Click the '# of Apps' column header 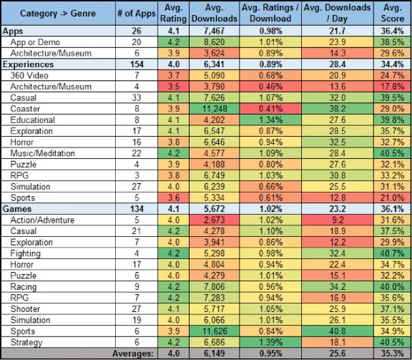(137, 14)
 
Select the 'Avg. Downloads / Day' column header (338, 13)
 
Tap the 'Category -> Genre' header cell (58, 14)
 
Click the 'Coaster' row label (25, 109)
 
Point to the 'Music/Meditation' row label (43, 153)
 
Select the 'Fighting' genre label (26, 253)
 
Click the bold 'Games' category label (17, 209)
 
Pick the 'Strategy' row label (26, 342)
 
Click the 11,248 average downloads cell (214, 109)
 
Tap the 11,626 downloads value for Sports (214, 331)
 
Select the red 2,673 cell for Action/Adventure (214, 220)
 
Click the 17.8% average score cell (393, 87)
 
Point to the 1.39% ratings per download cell (270, 342)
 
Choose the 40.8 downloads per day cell (338, 331)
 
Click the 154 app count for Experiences (137, 64)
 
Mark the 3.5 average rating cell (173, 87)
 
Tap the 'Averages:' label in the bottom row (133, 354)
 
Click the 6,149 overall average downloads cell (214, 354)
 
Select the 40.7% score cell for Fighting (393, 253)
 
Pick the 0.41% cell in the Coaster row (270, 109)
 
